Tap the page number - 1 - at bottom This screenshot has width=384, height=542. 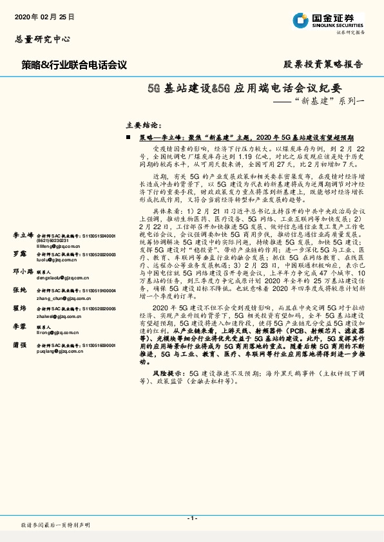tap(191, 518)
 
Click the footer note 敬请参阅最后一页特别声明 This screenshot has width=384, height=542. tap(55, 525)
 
